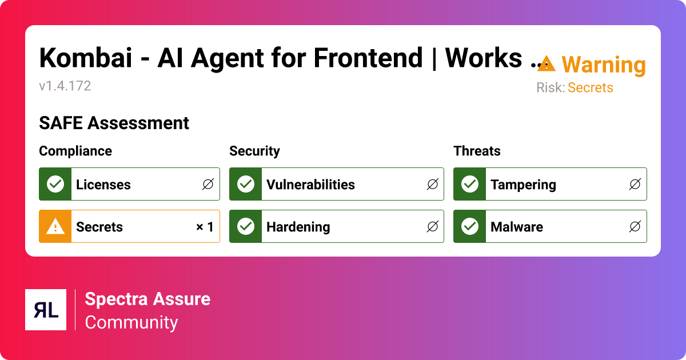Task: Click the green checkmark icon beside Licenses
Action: [55, 184]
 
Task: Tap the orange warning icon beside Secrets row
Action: [55, 227]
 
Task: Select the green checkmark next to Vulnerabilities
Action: [245, 184]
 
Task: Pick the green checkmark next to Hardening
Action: [245, 227]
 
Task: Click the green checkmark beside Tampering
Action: [469, 184]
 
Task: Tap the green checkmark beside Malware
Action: [469, 227]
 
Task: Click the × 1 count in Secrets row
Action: [205, 227]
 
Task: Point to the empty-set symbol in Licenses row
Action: [208, 184]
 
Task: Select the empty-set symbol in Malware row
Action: [635, 227]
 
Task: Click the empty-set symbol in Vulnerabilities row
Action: [432, 184]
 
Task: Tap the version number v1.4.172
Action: [65, 86]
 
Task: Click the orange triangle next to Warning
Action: [547, 63]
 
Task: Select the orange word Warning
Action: [604, 65]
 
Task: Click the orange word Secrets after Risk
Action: [590, 88]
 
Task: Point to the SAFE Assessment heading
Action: [114, 123]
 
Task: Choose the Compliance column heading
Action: [75, 151]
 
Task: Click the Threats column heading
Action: [477, 151]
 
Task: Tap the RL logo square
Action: [46, 310]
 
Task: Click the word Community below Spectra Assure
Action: [131, 322]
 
